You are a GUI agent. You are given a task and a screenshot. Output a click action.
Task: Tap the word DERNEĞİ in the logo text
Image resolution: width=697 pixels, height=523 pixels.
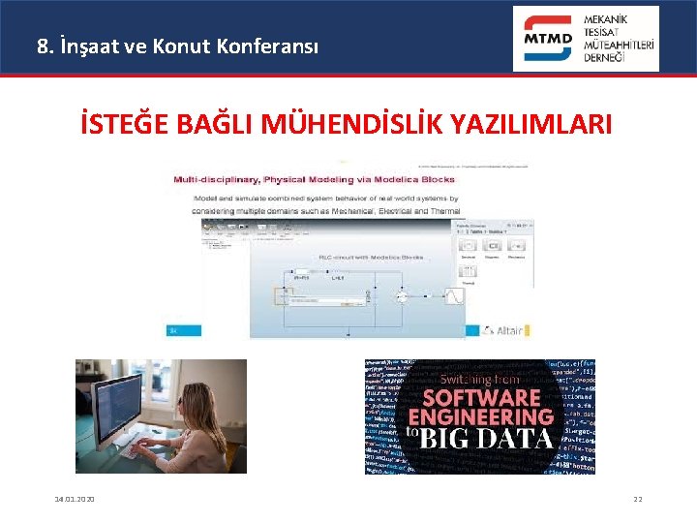click(x=605, y=57)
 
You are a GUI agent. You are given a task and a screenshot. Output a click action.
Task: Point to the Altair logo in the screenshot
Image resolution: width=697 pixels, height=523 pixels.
click(x=503, y=330)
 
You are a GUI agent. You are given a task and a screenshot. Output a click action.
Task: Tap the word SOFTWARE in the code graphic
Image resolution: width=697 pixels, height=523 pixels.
click(x=481, y=397)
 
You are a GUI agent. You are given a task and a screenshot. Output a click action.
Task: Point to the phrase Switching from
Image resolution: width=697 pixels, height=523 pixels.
click(x=480, y=379)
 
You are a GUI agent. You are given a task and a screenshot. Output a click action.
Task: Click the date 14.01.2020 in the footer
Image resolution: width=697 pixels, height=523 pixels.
click(x=75, y=499)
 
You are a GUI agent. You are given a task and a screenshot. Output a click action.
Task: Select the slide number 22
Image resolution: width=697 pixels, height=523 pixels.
click(x=637, y=499)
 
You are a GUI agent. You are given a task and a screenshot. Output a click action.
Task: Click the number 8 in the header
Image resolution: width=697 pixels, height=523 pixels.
click(x=42, y=45)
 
